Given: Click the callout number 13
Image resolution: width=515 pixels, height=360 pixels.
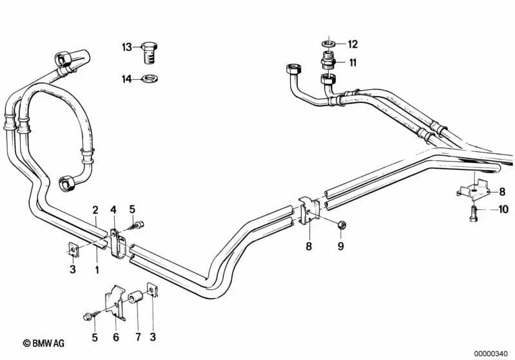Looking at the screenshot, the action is click(x=126, y=47).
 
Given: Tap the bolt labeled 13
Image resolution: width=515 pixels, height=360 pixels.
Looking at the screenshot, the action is click(x=150, y=53).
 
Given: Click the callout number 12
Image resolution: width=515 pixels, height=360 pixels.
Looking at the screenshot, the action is click(x=353, y=44).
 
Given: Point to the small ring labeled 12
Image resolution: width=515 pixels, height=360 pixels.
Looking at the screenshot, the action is click(x=329, y=43).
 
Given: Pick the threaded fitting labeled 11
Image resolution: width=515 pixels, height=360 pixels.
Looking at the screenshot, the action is click(x=329, y=60).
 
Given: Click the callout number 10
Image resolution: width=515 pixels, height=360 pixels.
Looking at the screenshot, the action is click(x=503, y=209).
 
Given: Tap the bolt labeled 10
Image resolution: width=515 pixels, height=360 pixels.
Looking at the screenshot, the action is click(x=474, y=213).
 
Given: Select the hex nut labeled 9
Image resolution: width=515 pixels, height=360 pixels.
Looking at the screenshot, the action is click(x=342, y=225).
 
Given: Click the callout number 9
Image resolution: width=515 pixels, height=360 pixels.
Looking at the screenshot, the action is click(x=340, y=246).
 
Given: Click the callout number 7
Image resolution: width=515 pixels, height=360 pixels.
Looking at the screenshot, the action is click(x=138, y=337).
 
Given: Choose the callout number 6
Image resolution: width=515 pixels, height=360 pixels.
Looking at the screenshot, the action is click(x=116, y=337).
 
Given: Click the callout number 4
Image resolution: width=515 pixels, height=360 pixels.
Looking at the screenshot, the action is click(x=113, y=210).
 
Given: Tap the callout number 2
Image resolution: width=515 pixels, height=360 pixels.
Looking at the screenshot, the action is click(x=95, y=210).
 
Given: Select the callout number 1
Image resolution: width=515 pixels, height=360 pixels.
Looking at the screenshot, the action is click(x=97, y=270).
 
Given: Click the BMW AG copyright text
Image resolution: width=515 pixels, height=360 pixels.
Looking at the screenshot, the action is click(x=44, y=343).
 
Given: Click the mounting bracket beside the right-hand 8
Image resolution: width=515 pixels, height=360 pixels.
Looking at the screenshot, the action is click(x=473, y=191).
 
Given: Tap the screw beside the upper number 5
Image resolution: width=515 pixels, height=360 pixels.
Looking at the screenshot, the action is click(x=135, y=226).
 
